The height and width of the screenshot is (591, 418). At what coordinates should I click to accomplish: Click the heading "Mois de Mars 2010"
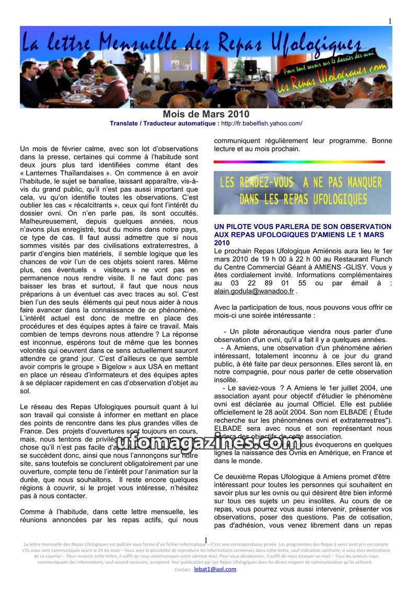(206, 114)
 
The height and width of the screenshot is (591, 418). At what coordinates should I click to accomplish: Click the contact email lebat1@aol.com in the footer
(215, 569)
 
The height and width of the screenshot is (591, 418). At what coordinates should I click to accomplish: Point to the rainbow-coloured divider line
(299, 162)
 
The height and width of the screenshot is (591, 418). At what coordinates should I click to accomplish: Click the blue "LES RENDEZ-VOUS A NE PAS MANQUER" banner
(302, 192)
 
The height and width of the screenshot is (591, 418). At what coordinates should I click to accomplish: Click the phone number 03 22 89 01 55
(269, 283)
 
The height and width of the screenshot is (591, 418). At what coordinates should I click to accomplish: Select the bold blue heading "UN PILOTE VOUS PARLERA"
(303, 227)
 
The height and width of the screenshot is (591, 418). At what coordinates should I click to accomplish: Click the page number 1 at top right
(390, 21)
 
